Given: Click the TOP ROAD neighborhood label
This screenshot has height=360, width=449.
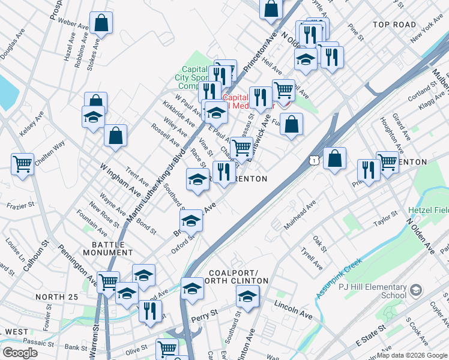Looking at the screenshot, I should [x=394, y=25].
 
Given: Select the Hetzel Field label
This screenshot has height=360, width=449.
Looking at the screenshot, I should [x=428, y=211].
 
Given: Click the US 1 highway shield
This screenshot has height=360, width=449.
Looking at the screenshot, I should [x=313, y=160].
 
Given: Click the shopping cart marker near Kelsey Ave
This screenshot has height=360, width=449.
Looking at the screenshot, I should [x=22, y=164].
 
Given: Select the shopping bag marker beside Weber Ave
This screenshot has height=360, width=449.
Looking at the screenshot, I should [x=101, y=23].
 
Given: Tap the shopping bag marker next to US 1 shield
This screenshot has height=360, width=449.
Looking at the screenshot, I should [x=334, y=159].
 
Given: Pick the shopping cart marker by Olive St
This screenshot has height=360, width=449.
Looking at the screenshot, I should [x=167, y=349].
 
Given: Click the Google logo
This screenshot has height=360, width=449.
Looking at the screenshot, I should [x=20, y=353].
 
